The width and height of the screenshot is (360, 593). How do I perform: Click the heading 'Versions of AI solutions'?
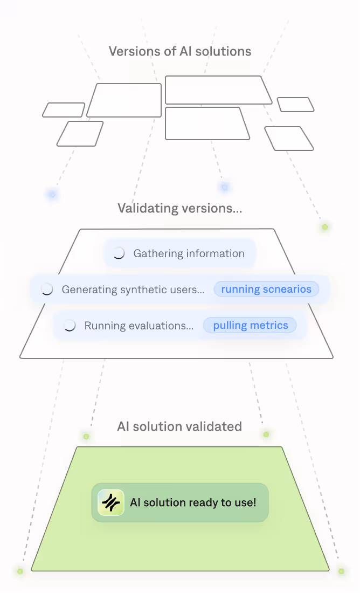[180, 52]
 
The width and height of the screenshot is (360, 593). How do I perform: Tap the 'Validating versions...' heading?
[180, 208]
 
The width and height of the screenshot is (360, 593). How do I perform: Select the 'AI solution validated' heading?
[179, 426]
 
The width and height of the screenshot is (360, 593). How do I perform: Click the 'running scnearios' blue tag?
[266, 289]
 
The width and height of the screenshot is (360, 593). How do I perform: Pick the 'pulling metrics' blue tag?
[250, 325]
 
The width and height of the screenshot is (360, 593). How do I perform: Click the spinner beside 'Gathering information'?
[119, 253]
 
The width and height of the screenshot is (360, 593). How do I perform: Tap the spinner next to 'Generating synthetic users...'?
[47, 289]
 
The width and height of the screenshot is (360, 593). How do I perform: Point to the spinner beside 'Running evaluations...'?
[70, 326]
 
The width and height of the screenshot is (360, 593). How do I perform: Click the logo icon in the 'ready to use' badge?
[111, 502]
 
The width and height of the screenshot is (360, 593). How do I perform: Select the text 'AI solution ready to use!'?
[193, 502]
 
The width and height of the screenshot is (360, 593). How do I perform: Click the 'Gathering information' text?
[189, 253]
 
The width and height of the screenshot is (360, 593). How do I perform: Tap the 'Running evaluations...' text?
[139, 326]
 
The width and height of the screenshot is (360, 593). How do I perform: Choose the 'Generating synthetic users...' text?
[133, 289]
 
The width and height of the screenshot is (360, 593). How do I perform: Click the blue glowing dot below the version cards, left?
[52, 194]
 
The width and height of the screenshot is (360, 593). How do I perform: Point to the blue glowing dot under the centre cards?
[224, 187]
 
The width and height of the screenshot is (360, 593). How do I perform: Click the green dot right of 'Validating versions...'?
[325, 227]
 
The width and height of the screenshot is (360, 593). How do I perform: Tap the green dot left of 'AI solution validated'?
[86, 436]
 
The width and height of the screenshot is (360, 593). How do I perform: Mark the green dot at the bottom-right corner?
[341, 571]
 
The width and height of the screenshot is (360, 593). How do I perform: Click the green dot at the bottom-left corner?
[20, 571]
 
